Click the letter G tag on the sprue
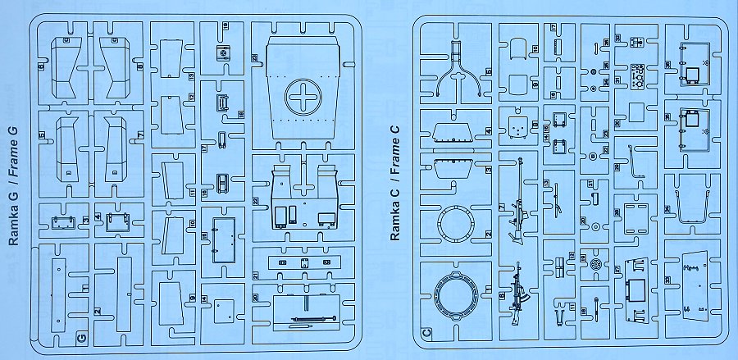coord(80,337)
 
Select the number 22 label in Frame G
coord(256,200)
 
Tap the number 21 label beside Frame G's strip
coord(256,274)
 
